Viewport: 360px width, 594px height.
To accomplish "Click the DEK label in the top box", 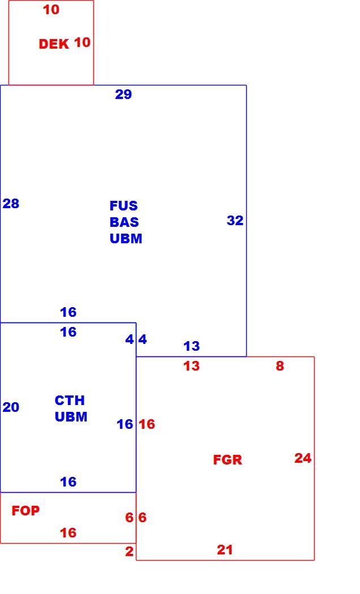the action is click(x=54, y=44).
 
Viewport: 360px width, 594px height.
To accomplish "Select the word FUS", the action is click(x=123, y=206).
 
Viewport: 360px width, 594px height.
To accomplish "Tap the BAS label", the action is click(x=125, y=222).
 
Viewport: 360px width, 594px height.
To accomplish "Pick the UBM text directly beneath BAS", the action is click(x=126, y=239).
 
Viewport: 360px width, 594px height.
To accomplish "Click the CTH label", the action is click(x=70, y=401).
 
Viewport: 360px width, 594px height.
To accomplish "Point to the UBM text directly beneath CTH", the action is click(x=71, y=417).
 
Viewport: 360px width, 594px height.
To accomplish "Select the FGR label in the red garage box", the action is click(x=228, y=460).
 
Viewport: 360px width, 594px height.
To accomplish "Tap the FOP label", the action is click(x=25, y=511).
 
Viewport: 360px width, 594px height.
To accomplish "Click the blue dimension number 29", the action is click(x=123, y=94).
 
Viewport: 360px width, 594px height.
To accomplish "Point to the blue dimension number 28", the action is click(x=11, y=204).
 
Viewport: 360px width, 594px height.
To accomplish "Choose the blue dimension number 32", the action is click(x=235, y=220).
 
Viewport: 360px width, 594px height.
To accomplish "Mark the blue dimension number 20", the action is click(x=11, y=407).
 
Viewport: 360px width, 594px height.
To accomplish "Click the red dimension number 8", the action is click(x=280, y=366).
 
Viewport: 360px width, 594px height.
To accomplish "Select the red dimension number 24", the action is click(x=303, y=458).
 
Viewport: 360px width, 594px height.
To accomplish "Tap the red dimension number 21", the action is click(x=225, y=550).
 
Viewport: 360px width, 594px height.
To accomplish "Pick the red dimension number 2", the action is click(x=129, y=552).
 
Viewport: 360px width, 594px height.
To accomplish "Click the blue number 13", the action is click(x=192, y=346).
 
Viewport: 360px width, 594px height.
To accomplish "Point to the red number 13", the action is click(x=192, y=366).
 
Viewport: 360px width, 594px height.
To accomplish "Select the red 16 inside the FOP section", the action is click(x=68, y=533).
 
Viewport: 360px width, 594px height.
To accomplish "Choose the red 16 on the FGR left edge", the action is click(x=147, y=424).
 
